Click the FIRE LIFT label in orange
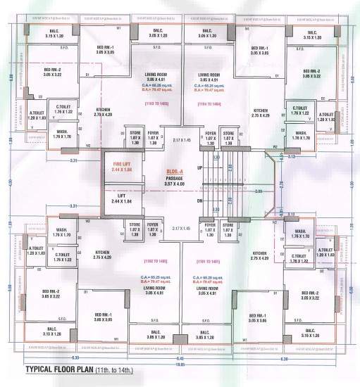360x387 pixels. [x=122, y=167]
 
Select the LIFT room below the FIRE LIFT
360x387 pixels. [x=122, y=198]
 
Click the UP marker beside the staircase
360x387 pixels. [x=199, y=167]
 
